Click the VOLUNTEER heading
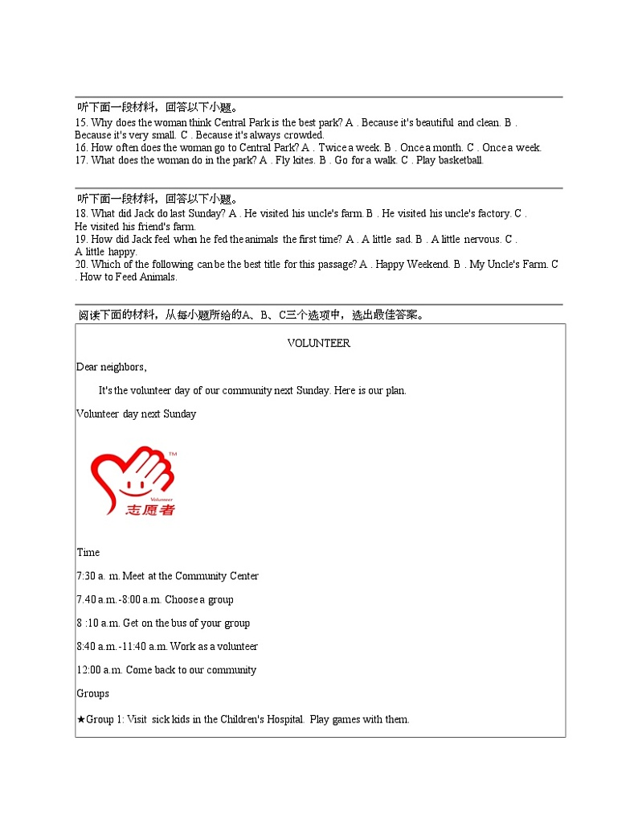pyautogui.click(x=319, y=343)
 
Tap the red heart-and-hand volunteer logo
pyautogui.click(x=133, y=475)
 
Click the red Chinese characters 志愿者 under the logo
pyautogui.click(x=150, y=510)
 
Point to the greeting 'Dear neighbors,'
pyautogui.click(x=112, y=367)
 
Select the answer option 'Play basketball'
pyautogui.click(x=449, y=160)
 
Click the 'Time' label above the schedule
pyautogui.click(x=88, y=552)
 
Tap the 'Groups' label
pyautogui.click(x=93, y=693)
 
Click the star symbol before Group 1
pyautogui.click(x=81, y=719)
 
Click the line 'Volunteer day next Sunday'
pyautogui.click(x=136, y=414)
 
